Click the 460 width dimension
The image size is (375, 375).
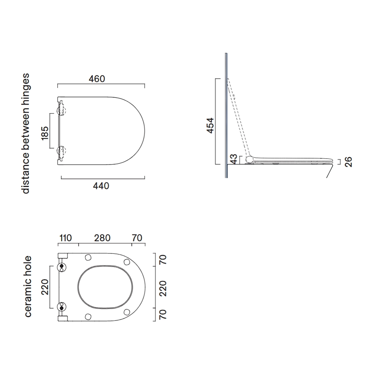(x=97, y=79)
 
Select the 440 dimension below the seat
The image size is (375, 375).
(x=101, y=186)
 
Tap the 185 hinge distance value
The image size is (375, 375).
(x=45, y=133)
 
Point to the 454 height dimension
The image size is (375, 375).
(x=210, y=125)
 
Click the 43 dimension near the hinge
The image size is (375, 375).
(x=234, y=159)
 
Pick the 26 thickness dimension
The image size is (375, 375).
(x=348, y=162)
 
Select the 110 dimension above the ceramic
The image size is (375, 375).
(x=65, y=238)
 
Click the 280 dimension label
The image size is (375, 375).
(x=102, y=238)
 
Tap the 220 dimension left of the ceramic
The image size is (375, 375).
(x=45, y=287)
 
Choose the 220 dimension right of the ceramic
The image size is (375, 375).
(x=163, y=288)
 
